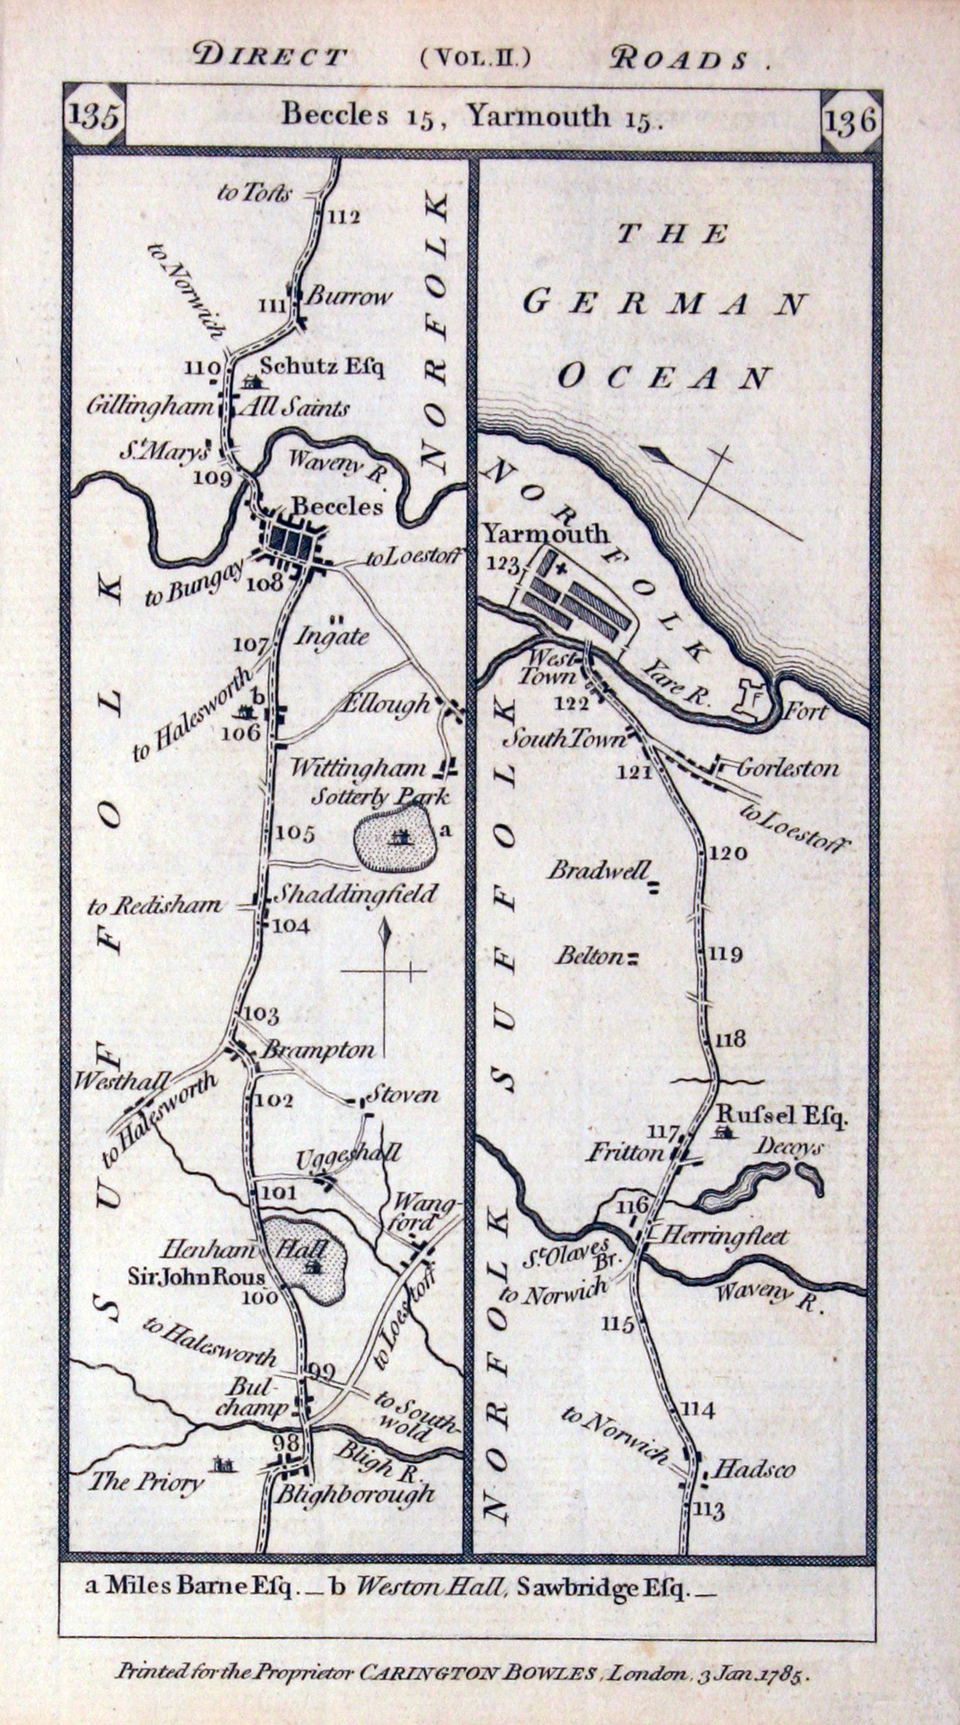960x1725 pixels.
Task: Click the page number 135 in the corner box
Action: click(x=95, y=117)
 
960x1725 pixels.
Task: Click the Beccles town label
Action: click(x=339, y=506)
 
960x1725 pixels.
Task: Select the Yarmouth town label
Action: click(x=546, y=535)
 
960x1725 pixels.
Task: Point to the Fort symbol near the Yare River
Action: click(x=753, y=698)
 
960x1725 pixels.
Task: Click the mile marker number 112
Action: click(x=344, y=217)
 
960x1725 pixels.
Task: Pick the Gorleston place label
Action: click(x=787, y=768)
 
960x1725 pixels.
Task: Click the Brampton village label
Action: click(x=317, y=1050)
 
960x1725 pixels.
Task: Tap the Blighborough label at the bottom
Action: click(x=354, y=1495)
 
